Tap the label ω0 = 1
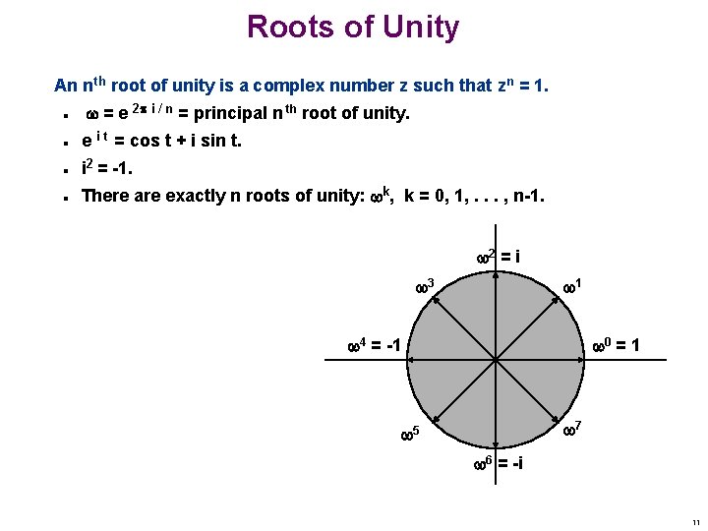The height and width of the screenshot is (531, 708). [x=617, y=345]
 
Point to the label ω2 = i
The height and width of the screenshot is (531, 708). [x=498, y=257]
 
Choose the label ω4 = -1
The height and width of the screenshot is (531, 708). [x=375, y=345]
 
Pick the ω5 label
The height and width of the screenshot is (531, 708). [x=411, y=433]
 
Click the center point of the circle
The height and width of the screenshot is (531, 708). [x=496, y=359]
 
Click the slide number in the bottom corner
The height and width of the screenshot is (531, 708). [x=694, y=522]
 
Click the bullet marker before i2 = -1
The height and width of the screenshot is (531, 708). [x=63, y=169]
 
